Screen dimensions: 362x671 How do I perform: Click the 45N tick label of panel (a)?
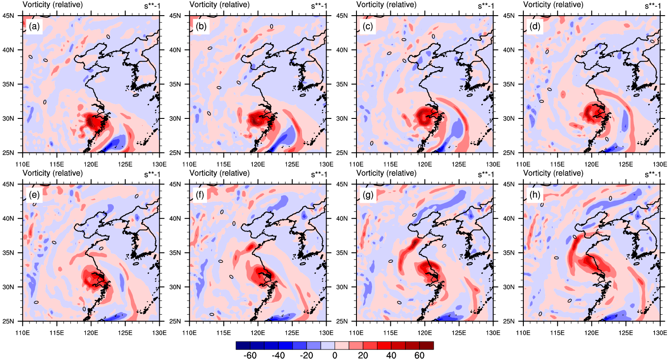13,16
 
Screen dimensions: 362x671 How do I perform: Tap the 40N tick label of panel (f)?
180,219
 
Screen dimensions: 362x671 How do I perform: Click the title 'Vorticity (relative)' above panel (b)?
219,5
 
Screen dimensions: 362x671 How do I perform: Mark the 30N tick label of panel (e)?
13,287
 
